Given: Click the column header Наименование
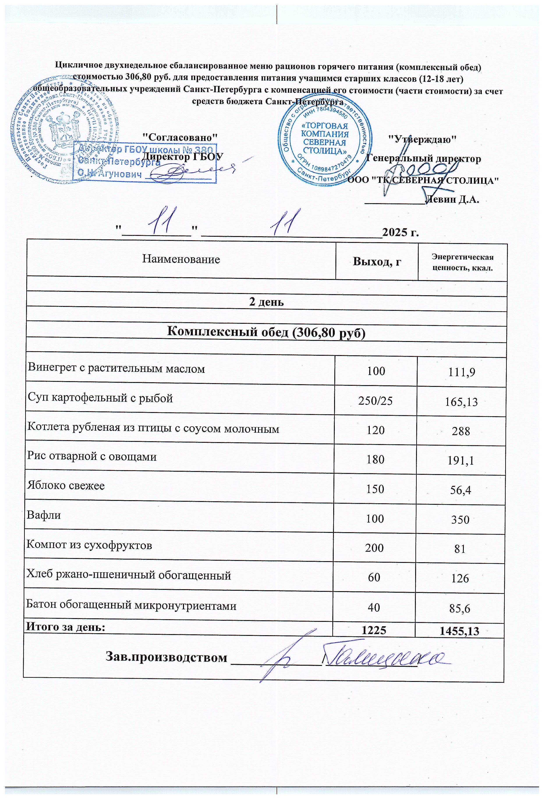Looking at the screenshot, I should [181, 259].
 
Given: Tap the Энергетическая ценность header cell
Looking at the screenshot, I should [462, 262].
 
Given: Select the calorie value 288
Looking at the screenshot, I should [461, 431].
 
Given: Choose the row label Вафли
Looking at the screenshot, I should [44, 515].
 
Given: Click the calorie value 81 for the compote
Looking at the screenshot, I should [460, 549].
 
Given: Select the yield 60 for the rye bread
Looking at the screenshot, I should [374, 577].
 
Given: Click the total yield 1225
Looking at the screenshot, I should [374, 630].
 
